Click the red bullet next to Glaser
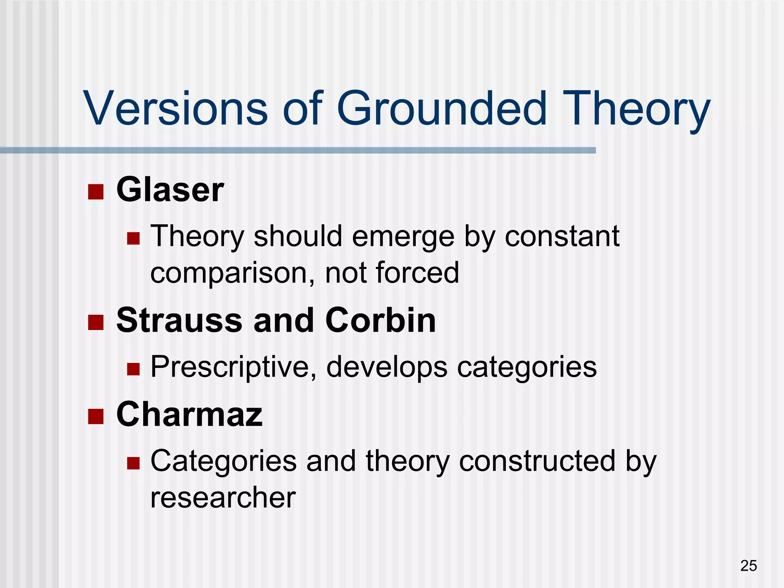pyautogui.click(x=96, y=192)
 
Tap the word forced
pyautogui.click(x=417, y=273)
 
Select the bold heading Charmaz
pyautogui.click(x=189, y=414)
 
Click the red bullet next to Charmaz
pyautogui.click(x=96, y=416)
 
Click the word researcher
pyautogui.click(x=223, y=498)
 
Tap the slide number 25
pyautogui.click(x=748, y=565)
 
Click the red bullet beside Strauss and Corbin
pyautogui.click(x=96, y=322)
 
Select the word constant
pyautogui.click(x=562, y=237)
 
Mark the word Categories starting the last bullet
pyautogui.click(x=224, y=461)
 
